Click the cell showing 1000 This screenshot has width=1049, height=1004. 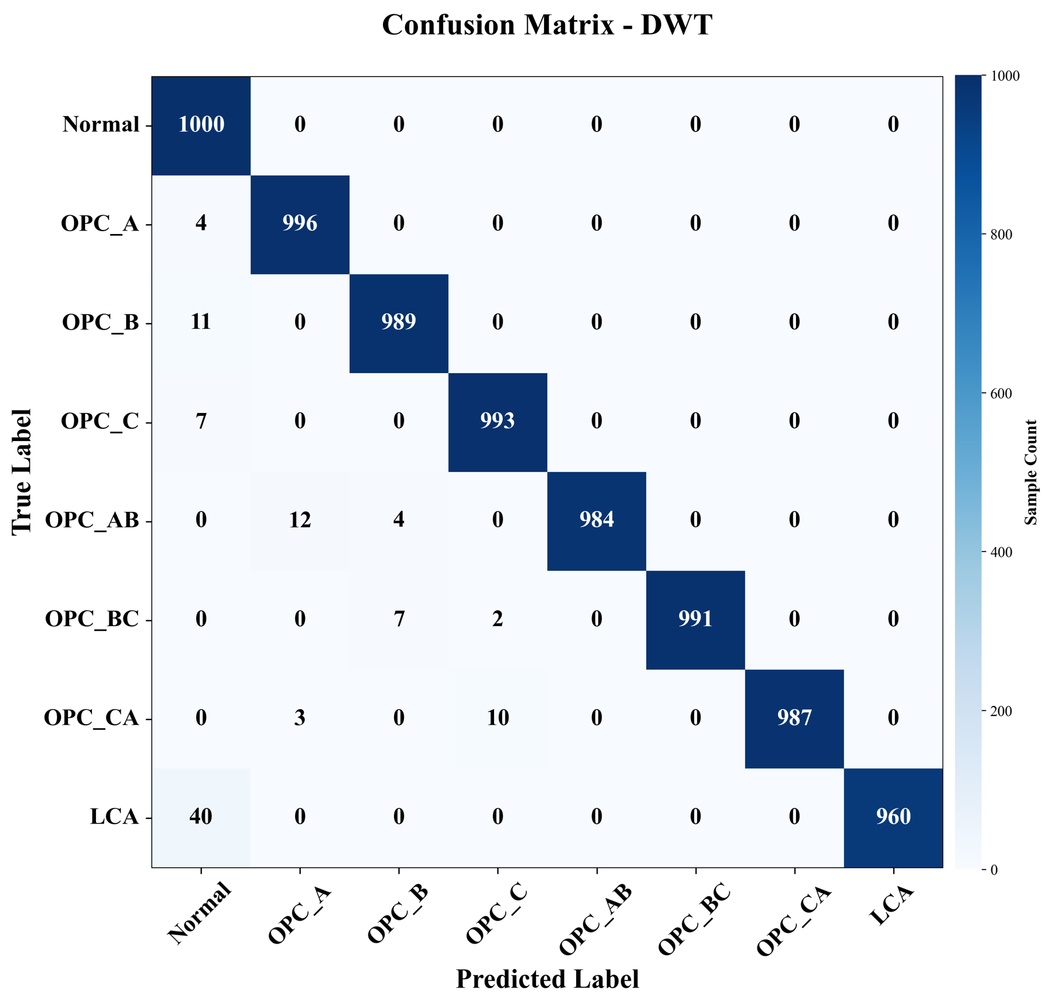coord(201,124)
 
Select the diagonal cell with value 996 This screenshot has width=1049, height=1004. coord(300,223)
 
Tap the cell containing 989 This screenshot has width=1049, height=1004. coord(399,322)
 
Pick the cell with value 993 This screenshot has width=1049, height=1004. coord(497,421)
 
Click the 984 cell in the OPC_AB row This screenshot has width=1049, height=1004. coord(596,520)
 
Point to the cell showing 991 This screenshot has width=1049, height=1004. coord(695,619)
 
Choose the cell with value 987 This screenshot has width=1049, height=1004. coord(794,718)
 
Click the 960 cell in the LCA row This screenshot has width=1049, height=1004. coord(893,817)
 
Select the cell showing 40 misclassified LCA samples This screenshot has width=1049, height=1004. coord(201,817)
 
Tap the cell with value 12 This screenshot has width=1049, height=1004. coord(300,520)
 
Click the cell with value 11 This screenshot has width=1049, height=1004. coord(201,322)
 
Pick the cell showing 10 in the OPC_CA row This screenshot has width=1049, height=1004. coord(497,718)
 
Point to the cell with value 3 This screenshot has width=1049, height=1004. coord(300,718)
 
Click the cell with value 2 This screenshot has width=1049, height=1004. coord(497,619)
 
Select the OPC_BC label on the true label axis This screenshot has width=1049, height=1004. coord(92,619)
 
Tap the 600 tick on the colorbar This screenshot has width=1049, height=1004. coord(1001,394)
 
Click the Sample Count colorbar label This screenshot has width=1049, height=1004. coord(1031,472)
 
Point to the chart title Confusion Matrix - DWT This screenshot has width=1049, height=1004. coord(547,25)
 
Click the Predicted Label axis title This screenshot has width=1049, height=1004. coord(547,979)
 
